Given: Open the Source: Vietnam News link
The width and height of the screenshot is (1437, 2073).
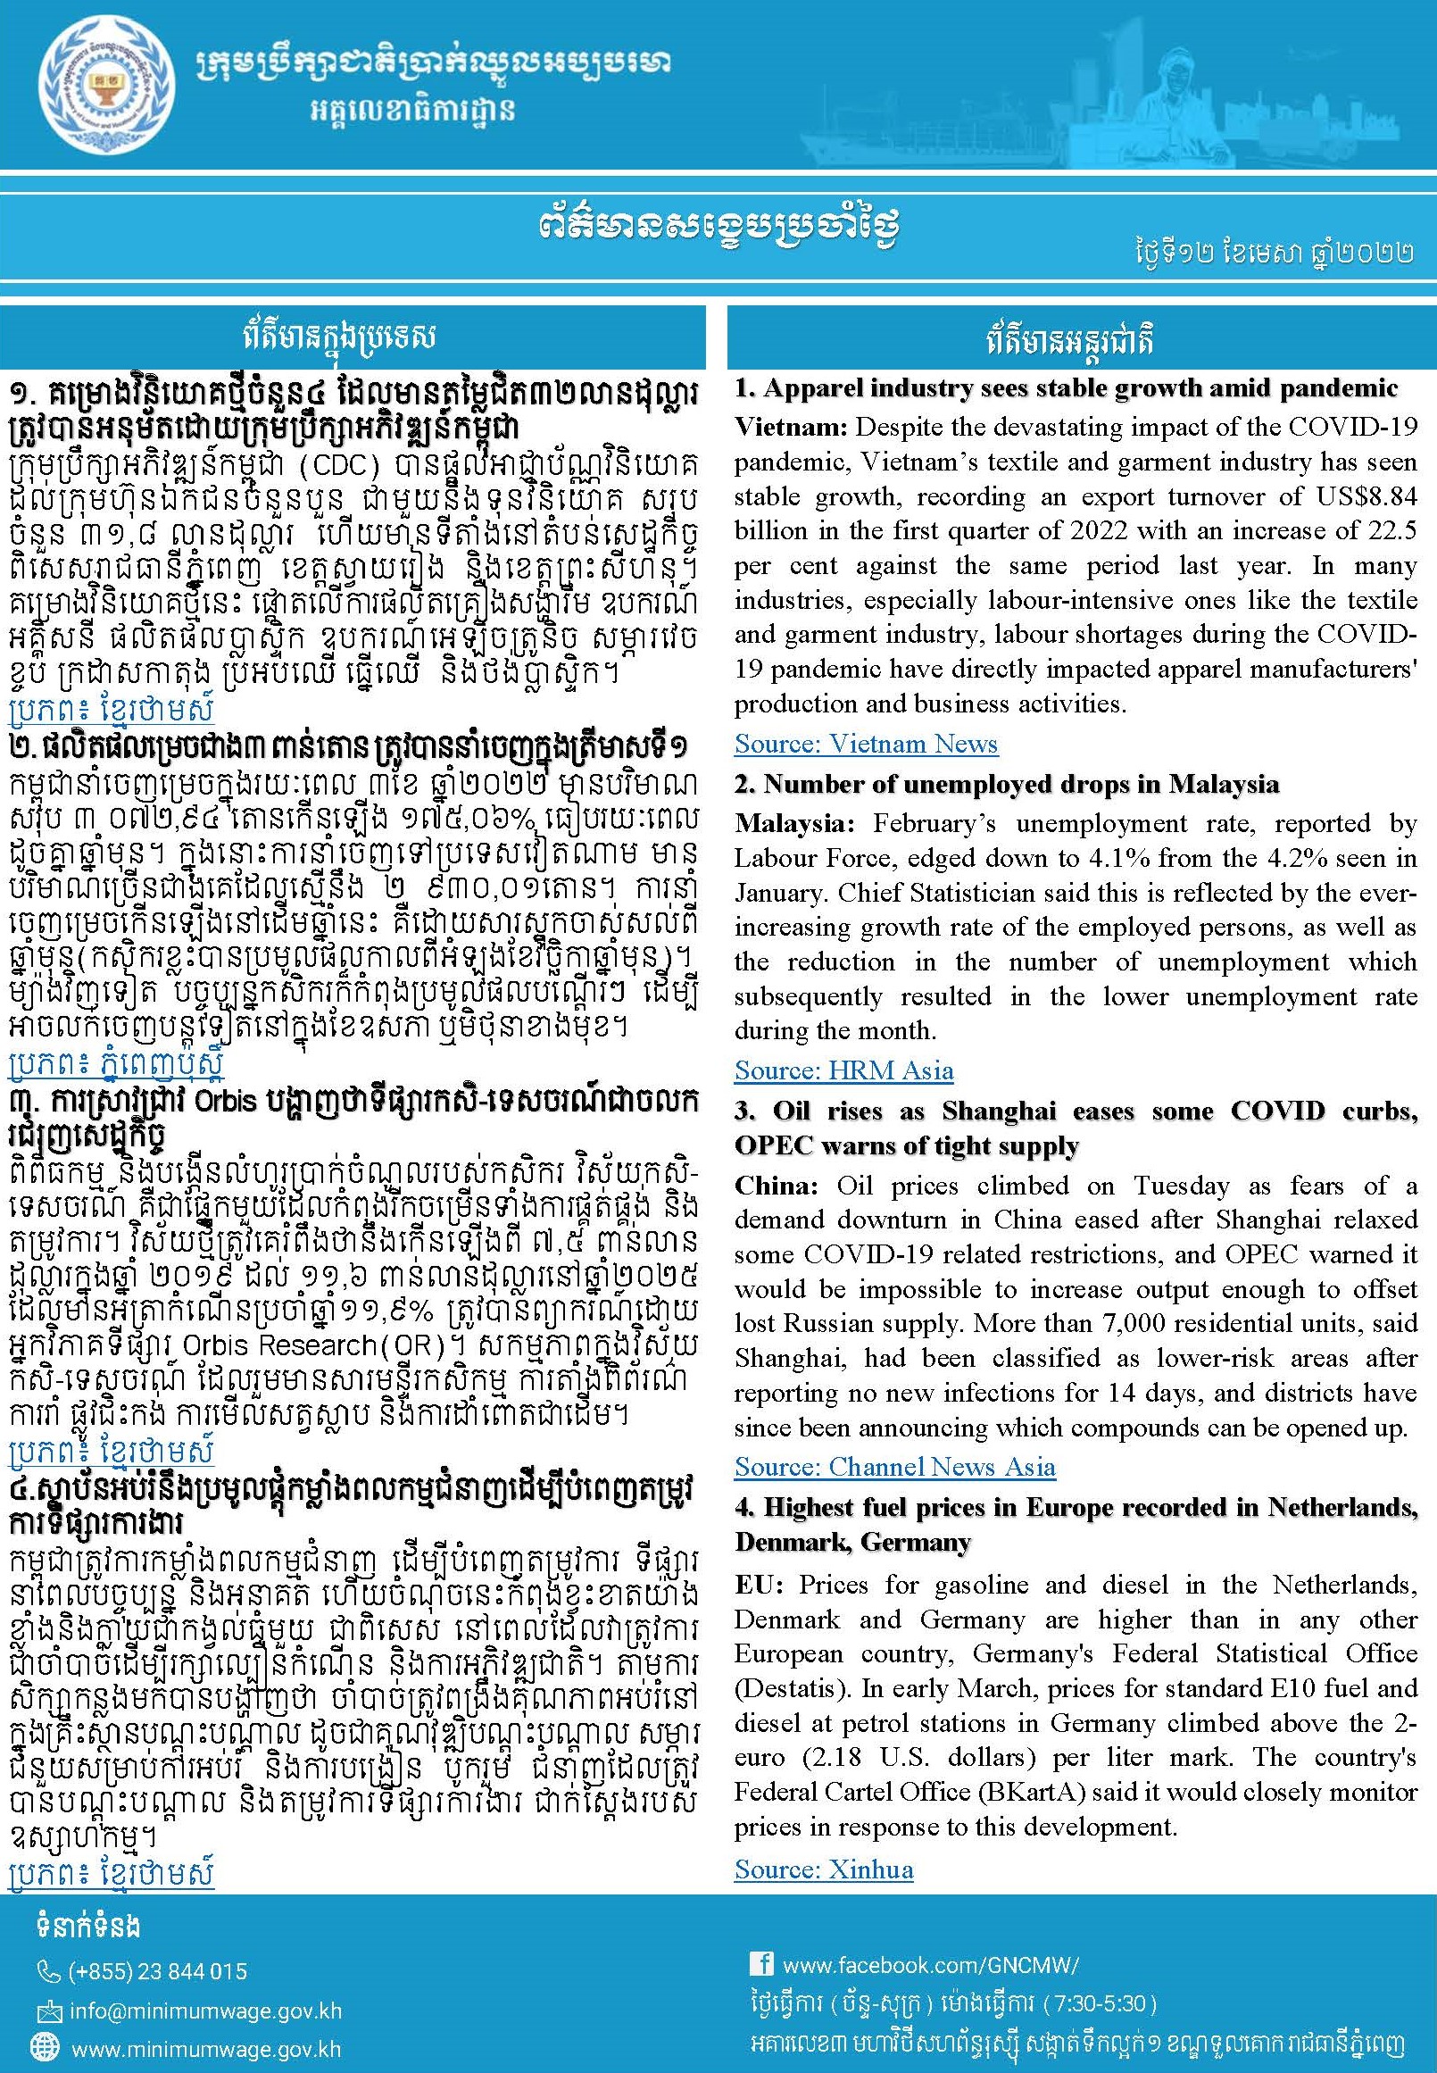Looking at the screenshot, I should [x=865, y=744].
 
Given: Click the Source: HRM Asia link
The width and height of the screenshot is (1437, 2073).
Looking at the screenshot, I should [x=843, y=1070].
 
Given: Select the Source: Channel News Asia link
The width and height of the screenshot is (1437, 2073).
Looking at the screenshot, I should [x=894, y=1467].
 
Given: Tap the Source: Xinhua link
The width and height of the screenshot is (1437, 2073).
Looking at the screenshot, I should [x=823, y=1869].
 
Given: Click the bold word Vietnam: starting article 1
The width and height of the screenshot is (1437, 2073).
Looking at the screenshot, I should [x=790, y=427].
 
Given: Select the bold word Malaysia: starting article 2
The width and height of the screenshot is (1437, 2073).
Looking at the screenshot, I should [x=794, y=823].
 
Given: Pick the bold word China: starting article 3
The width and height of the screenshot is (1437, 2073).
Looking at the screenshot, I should [x=776, y=1186].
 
